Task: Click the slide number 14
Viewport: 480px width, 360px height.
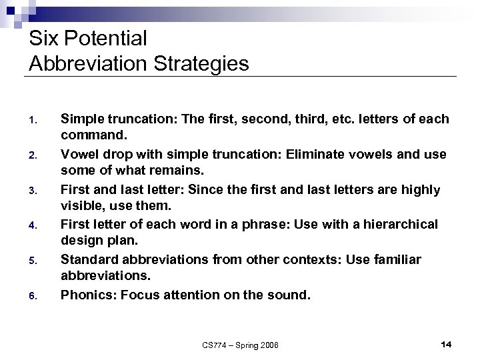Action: point(447,344)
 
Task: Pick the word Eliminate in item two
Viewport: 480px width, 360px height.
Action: point(310,155)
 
